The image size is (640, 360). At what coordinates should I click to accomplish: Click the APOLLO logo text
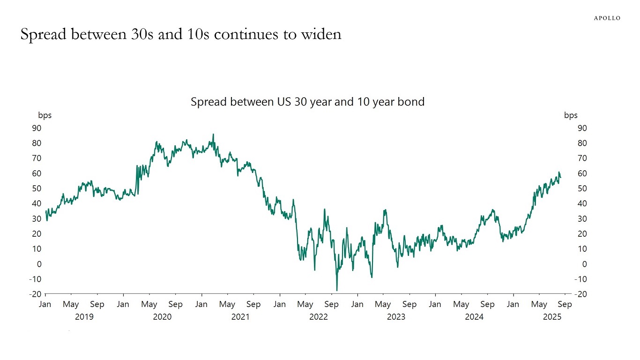(x=607, y=18)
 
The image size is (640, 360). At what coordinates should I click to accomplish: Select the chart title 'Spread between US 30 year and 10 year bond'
(x=307, y=102)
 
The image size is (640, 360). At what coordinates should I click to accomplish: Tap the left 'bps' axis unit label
(x=45, y=115)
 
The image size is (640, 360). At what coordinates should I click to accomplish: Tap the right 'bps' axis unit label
(x=571, y=115)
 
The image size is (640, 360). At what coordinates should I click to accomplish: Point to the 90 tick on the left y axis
(x=37, y=128)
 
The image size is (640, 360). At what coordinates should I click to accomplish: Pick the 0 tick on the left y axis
(x=39, y=264)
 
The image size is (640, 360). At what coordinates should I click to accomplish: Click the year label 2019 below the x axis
(x=84, y=317)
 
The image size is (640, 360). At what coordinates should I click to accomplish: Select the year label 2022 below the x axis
(x=319, y=317)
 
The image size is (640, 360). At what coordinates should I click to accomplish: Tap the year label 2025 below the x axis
(x=552, y=317)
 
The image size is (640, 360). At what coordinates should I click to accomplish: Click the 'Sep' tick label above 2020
(x=175, y=305)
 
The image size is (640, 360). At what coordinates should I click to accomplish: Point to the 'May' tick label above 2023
(x=383, y=305)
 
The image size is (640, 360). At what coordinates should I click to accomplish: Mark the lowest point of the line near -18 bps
(x=336, y=290)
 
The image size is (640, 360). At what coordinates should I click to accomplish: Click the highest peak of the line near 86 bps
(x=213, y=135)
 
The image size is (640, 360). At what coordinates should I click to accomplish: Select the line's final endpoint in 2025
(x=560, y=177)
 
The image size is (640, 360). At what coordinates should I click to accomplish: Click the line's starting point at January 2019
(x=45, y=212)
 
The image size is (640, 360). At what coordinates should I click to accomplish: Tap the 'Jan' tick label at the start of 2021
(x=201, y=305)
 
